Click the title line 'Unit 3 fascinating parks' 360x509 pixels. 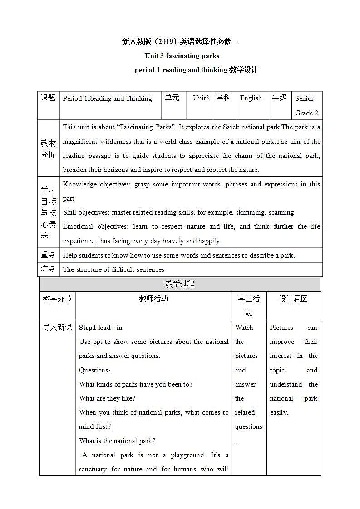[x=182, y=56]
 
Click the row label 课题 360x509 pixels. [x=48, y=98]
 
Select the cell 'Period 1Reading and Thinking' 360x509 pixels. [x=108, y=98]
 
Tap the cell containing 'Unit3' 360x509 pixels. [x=201, y=98]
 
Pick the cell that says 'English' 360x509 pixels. [x=251, y=98]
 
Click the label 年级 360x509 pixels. [x=279, y=98]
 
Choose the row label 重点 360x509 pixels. [x=48, y=255]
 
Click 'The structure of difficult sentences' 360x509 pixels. [x=113, y=269]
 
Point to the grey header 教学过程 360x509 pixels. [x=180, y=284]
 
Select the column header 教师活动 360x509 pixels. [x=153, y=299]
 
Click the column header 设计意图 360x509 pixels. [x=293, y=299]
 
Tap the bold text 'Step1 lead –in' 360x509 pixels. [x=101, y=328]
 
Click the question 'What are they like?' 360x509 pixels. [x=107, y=398]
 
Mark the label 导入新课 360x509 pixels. [x=57, y=328]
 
